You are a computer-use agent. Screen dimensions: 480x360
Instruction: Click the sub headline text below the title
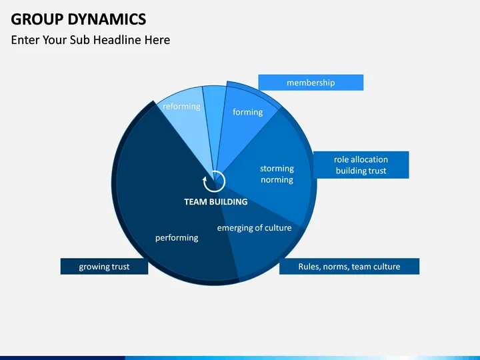click(x=90, y=40)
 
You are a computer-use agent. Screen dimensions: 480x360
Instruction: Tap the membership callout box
click(x=311, y=83)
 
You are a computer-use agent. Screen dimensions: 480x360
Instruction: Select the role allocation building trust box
click(x=361, y=165)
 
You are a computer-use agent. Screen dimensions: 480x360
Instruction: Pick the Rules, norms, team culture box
click(x=349, y=267)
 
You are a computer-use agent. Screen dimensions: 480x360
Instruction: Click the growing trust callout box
click(x=104, y=267)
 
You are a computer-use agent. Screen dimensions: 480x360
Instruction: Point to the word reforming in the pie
click(x=181, y=107)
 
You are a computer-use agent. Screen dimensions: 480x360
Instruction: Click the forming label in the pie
click(x=247, y=112)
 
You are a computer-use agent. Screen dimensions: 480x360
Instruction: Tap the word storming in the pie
click(x=277, y=169)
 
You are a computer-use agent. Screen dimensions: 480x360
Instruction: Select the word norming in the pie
click(x=277, y=180)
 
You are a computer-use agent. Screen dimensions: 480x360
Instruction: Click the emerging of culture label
click(x=254, y=228)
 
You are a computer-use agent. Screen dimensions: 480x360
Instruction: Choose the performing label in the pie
click(x=177, y=237)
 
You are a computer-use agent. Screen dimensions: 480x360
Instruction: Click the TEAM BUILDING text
click(x=215, y=201)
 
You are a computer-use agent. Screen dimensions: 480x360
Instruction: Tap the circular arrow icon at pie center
click(x=215, y=181)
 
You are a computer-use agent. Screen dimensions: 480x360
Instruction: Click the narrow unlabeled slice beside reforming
click(x=215, y=107)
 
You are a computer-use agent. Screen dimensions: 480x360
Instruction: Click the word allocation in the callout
click(x=370, y=159)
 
